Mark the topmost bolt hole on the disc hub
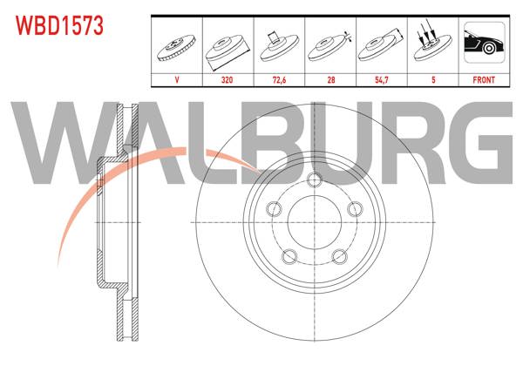[314, 180]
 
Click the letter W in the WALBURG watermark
[52, 139]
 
